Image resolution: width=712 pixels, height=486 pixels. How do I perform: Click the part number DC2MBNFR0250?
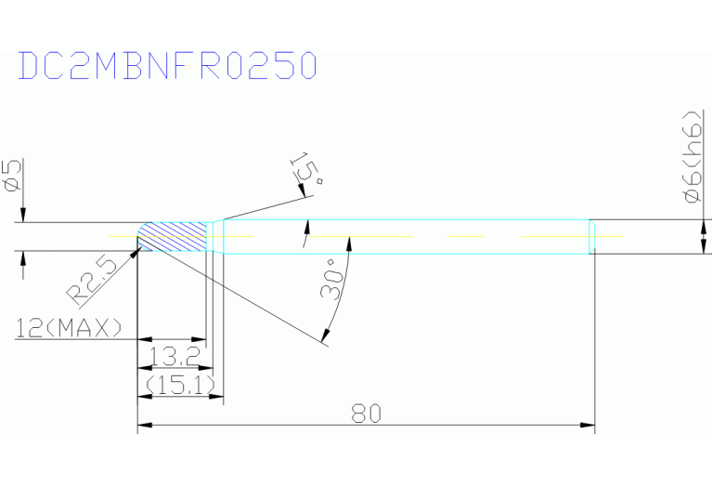pyautogui.click(x=167, y=65)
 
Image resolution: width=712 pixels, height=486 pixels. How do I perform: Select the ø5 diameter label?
pyautogui.click(x=13, y=176)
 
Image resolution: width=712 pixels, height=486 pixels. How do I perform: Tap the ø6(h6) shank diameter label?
pyautogui.click(x=693, y=156)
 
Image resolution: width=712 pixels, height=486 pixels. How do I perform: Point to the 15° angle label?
pyautogui.click(x=307, y=169)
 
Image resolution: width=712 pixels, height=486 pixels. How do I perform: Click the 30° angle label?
pyautogui.click(x=332, y=279)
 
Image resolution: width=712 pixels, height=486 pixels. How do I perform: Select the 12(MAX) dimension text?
pyautogui.click(x=69, y=327)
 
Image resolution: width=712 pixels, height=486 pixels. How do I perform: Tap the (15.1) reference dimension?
pyautogui.click(x=180, y=386)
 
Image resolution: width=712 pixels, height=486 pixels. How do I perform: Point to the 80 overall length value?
pyautogui.click(x=367, y=414)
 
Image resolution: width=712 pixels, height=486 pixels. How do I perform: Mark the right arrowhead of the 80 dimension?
pyautogui.click(x=588, y=425)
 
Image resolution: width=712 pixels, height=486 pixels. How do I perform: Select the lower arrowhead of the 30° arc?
pyautogui.click(x=324, y=336)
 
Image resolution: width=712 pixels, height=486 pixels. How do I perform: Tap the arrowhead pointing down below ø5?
pyautogui.click(x=23, y=216)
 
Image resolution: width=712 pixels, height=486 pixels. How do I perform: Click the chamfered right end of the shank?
pyautogui.click(x=592, y=236)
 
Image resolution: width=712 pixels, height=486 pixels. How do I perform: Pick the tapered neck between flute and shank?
pyautogui.click(x=215, y=236)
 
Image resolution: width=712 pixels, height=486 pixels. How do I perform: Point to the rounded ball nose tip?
pyautogui.click(x=142, y=236)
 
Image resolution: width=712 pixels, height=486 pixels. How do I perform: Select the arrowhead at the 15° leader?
pyautogui.click(x=301, y=190)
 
